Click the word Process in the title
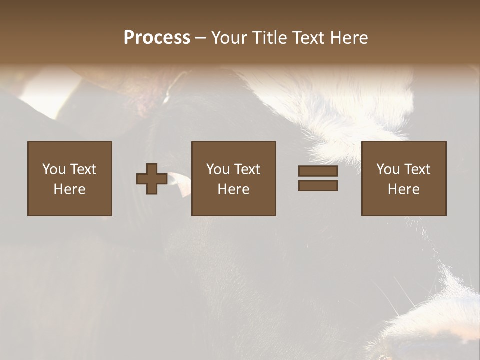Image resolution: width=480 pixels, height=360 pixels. [x=157, y=38]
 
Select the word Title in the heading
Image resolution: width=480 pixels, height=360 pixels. [x=270, y=38]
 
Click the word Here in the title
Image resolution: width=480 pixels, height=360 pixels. [x=351, y=38]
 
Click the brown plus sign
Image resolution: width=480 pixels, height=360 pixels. [x=152, y=179]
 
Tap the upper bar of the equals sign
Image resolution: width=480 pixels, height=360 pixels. [x=318, y=171]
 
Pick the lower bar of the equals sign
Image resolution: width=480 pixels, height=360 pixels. [x=318, y=186]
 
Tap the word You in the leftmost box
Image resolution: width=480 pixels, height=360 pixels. [x=54, y=169]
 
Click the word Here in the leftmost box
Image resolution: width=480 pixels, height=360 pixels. [x=70, y=189]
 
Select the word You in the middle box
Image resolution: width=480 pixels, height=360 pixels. [x=218, y=169]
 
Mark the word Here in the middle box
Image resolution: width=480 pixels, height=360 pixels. [x=234, y=189]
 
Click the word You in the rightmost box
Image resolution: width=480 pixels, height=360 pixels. [x=388, y=169]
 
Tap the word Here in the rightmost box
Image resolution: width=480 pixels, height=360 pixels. [x=404, y=189]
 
